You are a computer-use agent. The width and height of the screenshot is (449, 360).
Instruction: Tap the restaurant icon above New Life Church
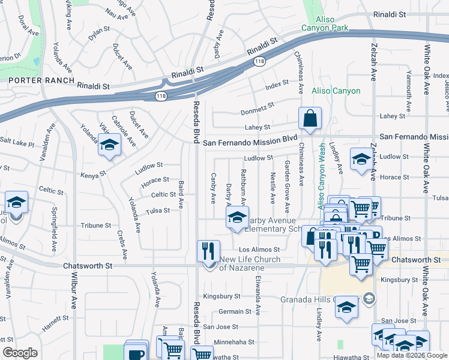click(208, 250)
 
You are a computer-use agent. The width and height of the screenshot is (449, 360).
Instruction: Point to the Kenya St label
click(94, 175)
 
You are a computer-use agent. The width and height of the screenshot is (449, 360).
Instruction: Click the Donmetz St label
click(258, 108)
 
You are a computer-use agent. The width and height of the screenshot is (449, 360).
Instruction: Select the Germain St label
click(235, 311)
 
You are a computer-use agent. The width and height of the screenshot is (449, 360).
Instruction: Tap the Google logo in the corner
click(20, 353)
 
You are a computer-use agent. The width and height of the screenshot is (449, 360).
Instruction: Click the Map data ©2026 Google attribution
click(411, 355)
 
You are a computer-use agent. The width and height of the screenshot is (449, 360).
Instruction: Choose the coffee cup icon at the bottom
click(136, 352)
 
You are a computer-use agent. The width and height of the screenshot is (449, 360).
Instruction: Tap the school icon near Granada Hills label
click(346, 307)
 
